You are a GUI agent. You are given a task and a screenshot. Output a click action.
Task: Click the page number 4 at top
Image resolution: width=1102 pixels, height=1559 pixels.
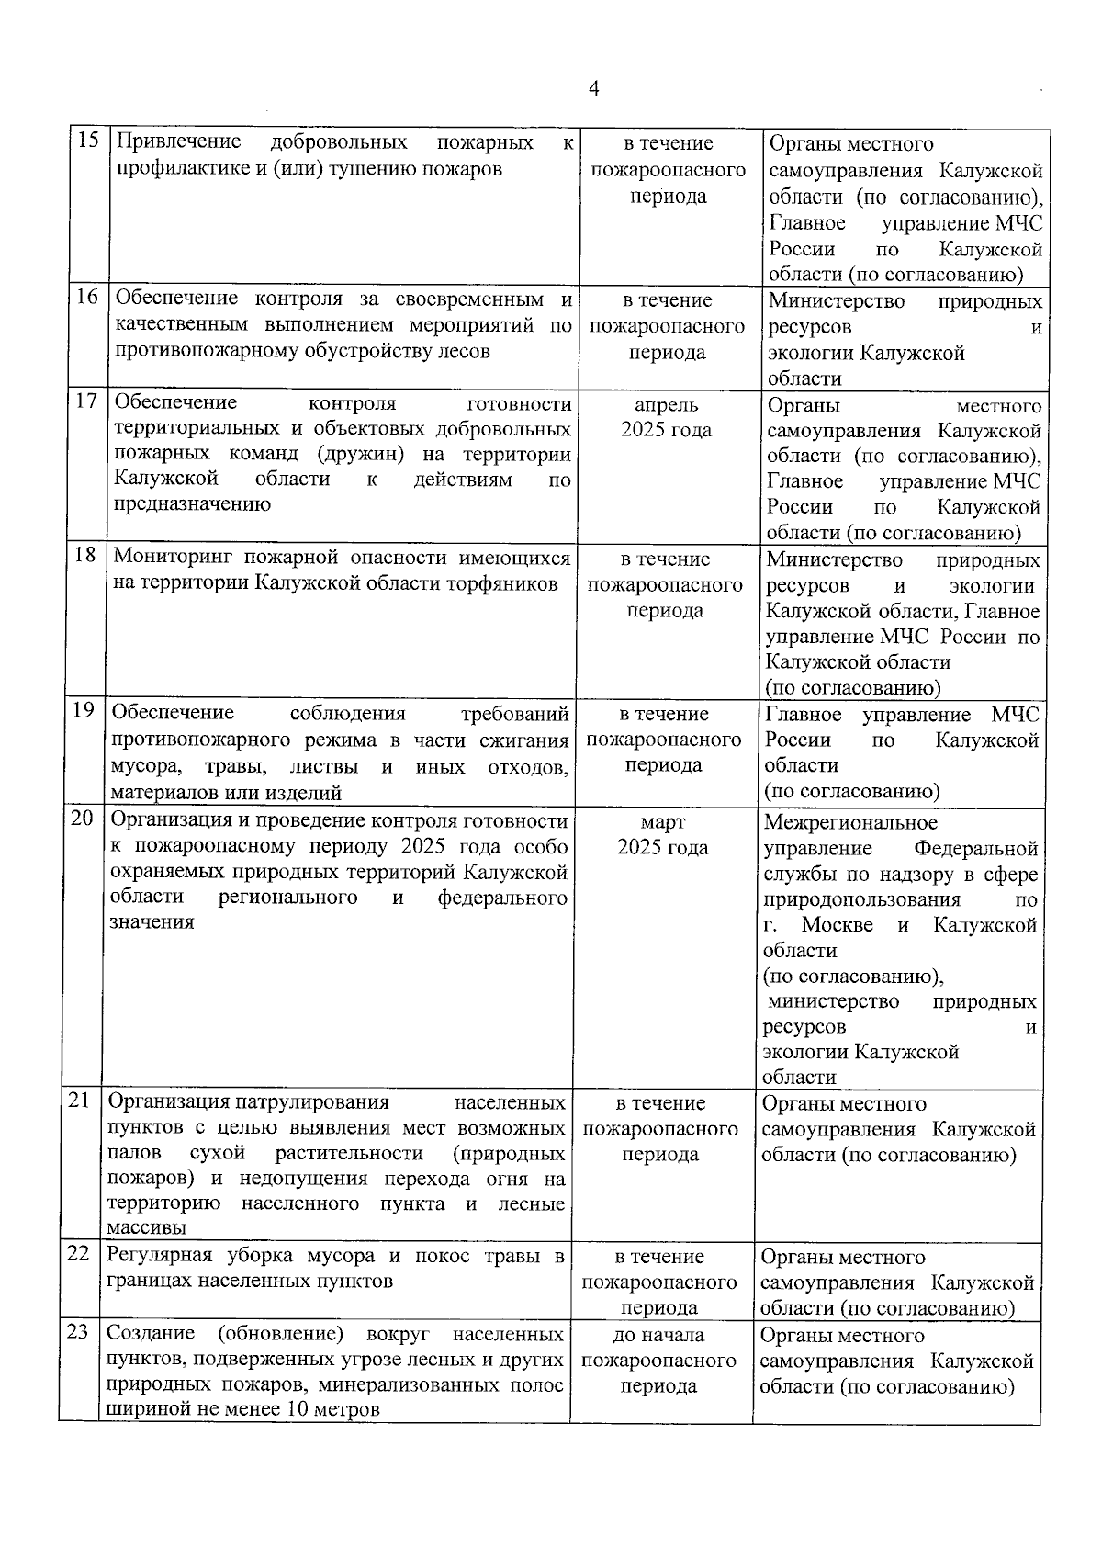pyautogui.click(x=593, y=88)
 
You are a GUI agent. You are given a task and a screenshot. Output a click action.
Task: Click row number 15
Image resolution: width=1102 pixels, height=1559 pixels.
pyautogui.click(x=88, y=141)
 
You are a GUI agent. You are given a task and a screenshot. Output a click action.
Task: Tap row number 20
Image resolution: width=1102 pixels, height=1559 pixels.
pyautogui.click(x=82, y=818)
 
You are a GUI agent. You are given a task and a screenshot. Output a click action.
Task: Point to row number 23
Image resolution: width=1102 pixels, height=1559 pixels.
pyautogui.click(x=78, y=1331)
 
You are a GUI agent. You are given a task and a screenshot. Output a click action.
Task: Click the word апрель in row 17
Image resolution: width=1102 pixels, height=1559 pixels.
pyautogui.click(x=666, y=405)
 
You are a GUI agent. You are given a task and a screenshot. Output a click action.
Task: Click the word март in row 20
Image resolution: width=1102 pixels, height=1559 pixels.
pyautogui.click(x=662, y=822)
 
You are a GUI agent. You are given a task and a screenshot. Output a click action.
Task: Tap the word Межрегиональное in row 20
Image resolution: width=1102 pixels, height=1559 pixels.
pyautogui.click(x=850, y=822)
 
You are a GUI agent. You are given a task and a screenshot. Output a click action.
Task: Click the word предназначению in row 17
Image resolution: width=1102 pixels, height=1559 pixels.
pyautogui.click(x=191, y=503)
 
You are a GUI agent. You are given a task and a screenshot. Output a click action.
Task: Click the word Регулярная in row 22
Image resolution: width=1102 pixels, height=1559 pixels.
pyautogui.click(x=160, y=1256)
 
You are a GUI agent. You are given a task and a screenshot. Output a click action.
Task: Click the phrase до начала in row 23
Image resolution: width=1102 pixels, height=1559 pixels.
pyautogui.click(x=658, y=1335)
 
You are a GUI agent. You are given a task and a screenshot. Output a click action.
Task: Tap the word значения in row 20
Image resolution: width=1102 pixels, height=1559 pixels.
pyautogui.click(x=152, y=922)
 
